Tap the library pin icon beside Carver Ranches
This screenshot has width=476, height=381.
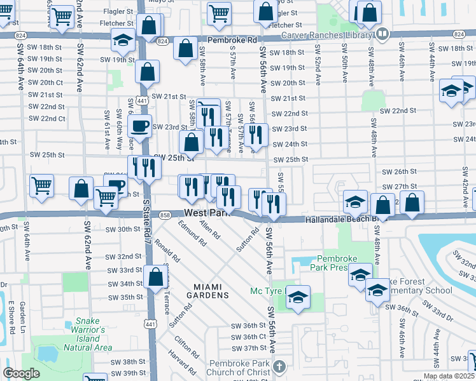pos(382,34)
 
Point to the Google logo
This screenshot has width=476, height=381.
pos(21,373)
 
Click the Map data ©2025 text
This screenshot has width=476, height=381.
pos(449,376)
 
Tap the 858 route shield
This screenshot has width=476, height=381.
pos(165,215)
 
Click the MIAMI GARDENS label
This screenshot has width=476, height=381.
pos(211,295)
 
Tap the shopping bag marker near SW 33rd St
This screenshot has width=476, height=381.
pos(155,276)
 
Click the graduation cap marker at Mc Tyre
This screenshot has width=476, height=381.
pos(297,297)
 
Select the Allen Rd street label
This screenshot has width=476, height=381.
pos(209,229)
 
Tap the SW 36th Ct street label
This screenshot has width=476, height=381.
pos(248,337)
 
